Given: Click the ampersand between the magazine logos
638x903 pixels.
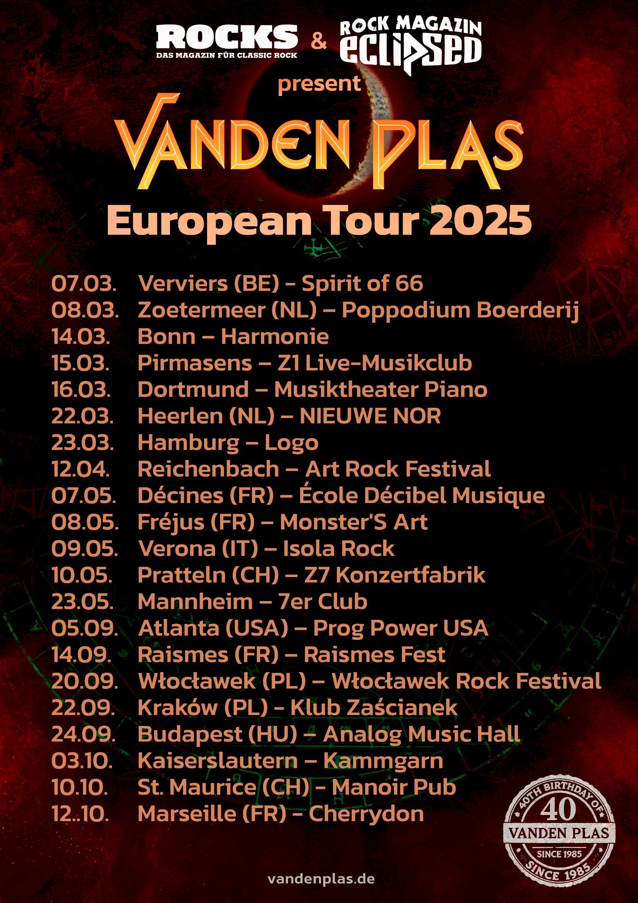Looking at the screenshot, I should pos(318,41).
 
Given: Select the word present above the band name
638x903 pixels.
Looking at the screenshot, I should pos(319,84).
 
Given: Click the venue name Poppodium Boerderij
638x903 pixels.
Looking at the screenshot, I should pos(460,310).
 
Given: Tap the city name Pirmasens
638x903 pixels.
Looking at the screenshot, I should pos(195,363).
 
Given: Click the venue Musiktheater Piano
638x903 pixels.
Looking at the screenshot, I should pos(380,390).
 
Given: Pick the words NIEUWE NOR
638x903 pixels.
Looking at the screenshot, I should pos(370,416).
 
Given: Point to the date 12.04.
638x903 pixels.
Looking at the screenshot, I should pos(81,469).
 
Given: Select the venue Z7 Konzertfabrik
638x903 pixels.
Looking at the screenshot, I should pos(395,575).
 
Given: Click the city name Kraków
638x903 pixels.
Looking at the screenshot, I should pos(177,708).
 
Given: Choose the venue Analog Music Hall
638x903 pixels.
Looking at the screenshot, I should pos(421,734).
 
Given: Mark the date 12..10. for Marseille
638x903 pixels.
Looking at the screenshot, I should pos(80,814).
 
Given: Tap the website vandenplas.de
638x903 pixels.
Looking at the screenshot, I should pos(321,879).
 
